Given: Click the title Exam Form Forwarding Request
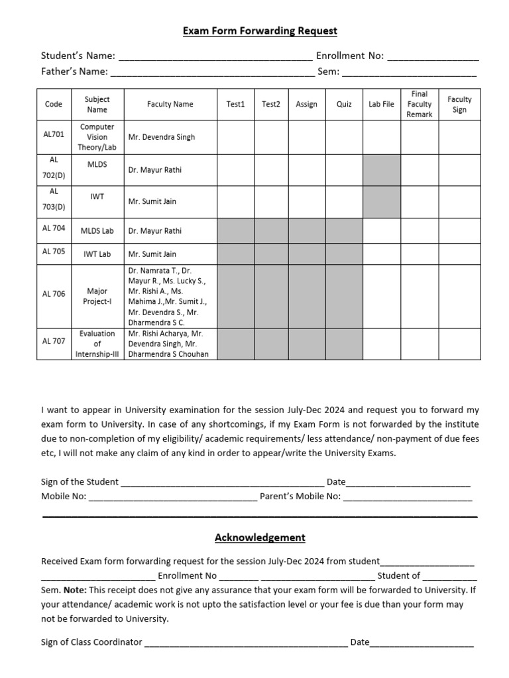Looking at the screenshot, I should point(260,31).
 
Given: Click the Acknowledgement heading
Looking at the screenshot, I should point(260,538).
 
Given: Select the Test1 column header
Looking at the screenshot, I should point(235,104).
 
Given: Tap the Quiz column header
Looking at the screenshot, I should point(345,104).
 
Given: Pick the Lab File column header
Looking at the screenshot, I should point(381,104).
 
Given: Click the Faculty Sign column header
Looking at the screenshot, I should point(459,104).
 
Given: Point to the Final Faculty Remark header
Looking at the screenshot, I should point(420,104).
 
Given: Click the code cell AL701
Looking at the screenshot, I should point(54,134).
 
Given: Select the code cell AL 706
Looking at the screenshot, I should point(54,294).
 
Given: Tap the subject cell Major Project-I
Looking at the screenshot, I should point(97,296).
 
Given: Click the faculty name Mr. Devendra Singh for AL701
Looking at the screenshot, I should point(162,137).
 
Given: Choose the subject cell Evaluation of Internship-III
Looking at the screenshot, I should point(97,344).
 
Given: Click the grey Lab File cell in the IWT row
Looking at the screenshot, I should point(382,201).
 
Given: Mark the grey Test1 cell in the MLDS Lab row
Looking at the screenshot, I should point(236,231).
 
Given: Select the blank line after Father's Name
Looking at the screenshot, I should point(212,72).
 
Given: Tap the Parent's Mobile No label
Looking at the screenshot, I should point(300,497).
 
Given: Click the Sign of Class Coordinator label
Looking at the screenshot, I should point(91,642).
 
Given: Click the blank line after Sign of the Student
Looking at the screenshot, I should point(222,483).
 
